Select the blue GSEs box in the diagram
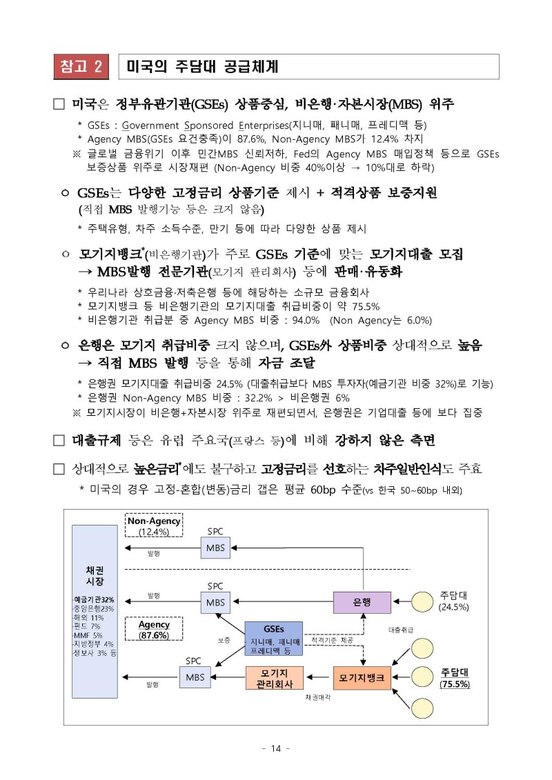coord(273,638)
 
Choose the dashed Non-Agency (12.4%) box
coord(154,526)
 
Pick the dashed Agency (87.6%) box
coord(154,629)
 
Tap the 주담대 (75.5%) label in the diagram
coord(455,678)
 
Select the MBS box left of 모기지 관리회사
coord(195,678)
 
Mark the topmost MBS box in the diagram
coord(215,548)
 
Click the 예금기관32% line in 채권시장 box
coord(94,599)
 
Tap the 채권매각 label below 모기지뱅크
coord(317,697)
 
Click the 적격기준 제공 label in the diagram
coord(332,641)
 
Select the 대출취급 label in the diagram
coord(401,630)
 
